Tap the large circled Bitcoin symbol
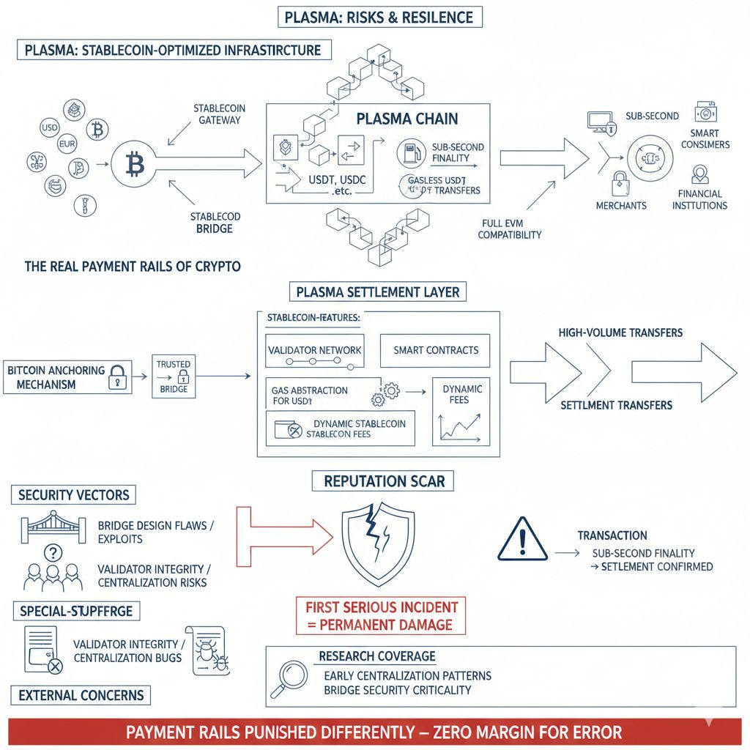135,165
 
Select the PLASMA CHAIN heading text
406,119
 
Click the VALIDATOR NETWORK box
315,350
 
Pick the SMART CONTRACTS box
435,350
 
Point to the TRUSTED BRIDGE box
173,376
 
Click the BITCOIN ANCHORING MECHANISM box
67,377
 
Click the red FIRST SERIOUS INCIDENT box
381,616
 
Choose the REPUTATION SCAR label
384,481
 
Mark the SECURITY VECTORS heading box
74,495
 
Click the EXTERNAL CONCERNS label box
81,695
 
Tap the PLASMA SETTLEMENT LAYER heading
378,292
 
